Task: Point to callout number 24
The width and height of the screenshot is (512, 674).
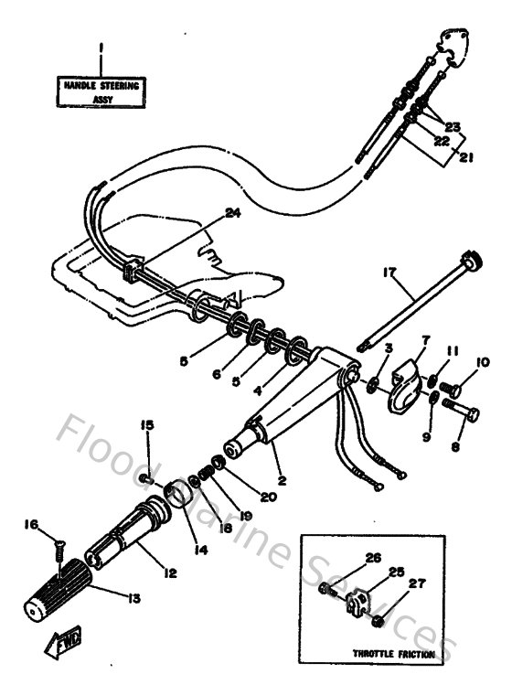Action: click(x=231, y=215)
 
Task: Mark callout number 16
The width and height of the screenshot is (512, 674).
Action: click(x=31, y=525)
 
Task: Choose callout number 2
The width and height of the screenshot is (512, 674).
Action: click(x=282, y=479)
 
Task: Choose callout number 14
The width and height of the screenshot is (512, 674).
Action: click(x=201, y=551)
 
